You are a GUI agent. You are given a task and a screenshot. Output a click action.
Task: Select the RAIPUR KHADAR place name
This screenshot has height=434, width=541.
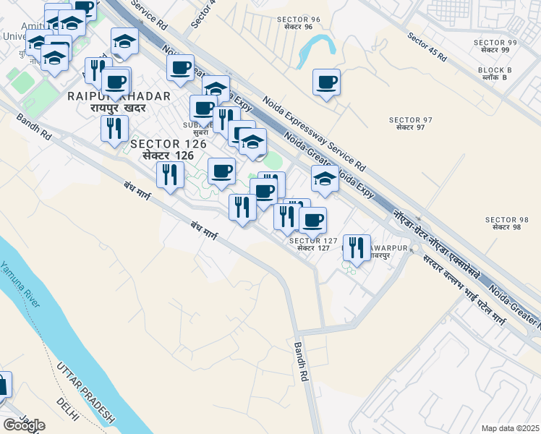(119, 96)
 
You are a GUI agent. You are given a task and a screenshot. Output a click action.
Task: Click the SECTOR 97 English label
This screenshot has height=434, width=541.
(410, 119)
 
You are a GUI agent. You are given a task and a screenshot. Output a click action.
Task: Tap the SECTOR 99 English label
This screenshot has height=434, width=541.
(495, 43)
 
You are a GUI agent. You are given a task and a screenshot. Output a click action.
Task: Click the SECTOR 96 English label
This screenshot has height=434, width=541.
(299, 19)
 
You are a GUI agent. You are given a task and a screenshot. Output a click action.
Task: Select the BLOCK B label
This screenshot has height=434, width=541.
(495, 70)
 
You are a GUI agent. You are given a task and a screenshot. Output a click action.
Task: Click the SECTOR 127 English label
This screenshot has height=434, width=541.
(313, 241)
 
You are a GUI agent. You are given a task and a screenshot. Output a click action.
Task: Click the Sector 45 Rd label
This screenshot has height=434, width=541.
(427, 47)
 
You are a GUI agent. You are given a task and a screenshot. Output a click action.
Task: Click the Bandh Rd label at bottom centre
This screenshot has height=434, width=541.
(301, 362)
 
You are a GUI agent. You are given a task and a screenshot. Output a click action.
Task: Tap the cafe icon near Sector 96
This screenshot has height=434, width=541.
(326, 82)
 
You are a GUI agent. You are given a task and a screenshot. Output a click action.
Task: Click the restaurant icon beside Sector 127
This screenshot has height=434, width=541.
(356, 247)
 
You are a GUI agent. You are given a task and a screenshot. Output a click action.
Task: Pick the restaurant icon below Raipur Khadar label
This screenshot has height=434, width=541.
(114, 129)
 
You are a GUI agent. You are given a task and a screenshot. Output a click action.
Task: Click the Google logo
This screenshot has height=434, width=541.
(24, 425)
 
